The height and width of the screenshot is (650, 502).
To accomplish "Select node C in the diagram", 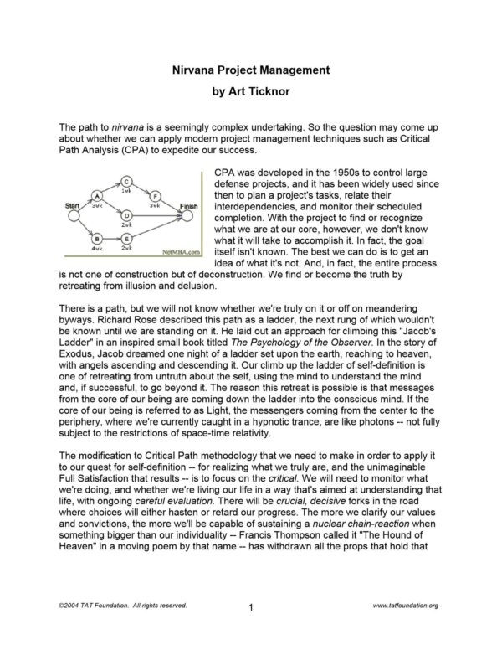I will point(125,181).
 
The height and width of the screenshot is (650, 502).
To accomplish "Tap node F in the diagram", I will point(155,196).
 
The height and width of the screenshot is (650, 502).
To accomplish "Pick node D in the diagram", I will point(125,214).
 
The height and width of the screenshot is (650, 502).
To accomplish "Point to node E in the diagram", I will point(125,239).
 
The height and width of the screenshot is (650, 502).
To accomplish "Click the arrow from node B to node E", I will point(110,239).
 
